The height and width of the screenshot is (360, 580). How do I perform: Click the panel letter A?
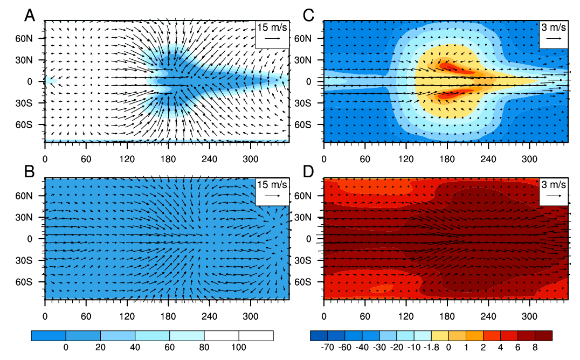(30, 16)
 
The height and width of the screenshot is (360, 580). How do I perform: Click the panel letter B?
(30, 171)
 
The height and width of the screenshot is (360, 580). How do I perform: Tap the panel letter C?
(309, 16)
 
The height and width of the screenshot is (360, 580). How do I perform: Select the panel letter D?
(309, 171)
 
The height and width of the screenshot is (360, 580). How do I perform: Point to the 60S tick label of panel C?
(312, 124)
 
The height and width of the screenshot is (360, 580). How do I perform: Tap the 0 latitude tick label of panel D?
(316, 239)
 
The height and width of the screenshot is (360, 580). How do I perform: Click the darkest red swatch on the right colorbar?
(543, 336)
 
